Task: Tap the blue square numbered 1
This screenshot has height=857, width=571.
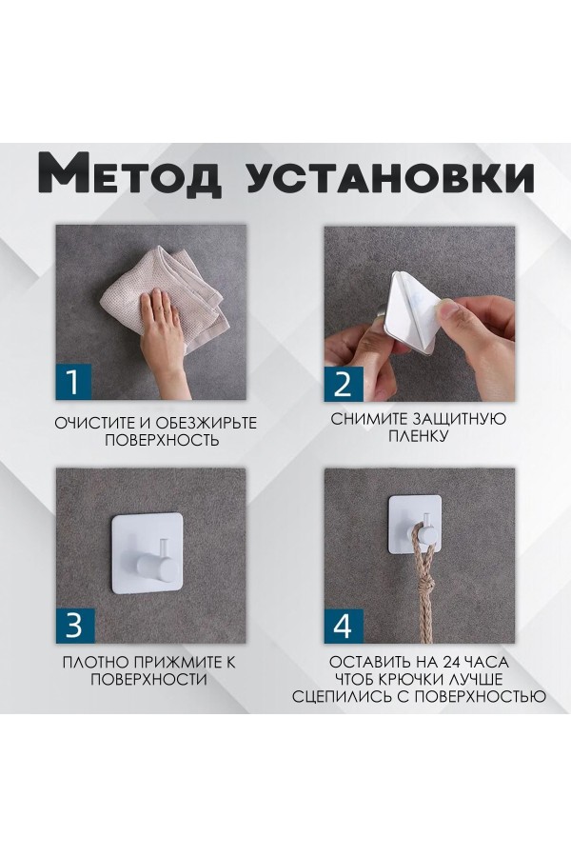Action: pyautogui.click(x=72, y=383)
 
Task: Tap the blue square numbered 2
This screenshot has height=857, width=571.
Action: pyautogui.click(x=343, y=383)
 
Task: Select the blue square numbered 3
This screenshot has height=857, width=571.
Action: pyautogui.click(x=72, y=627)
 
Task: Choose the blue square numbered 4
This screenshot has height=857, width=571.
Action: pyautogui.click(x=343, y=627)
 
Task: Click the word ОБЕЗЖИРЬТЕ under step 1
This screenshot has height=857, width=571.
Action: pyautogui.click(x=201, y=422)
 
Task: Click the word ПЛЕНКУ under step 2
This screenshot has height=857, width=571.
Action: pyautogui.click(x=418, y=437)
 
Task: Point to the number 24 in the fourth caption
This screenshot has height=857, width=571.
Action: pyautogui.click(x=457, y=662)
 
